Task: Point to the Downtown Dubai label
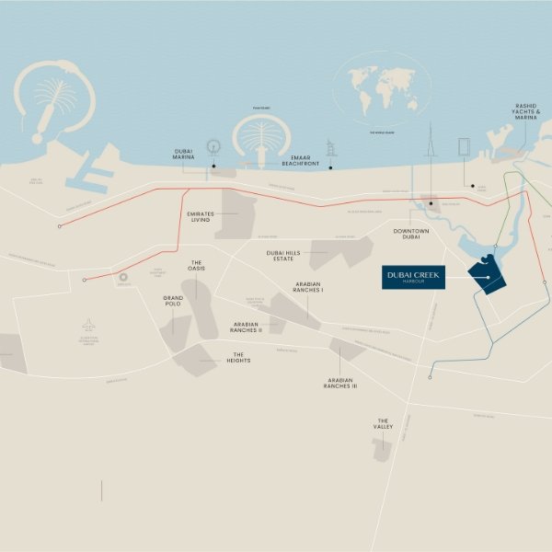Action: pyautogui.click(x=411, y=235)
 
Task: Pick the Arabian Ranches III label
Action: pyautogui.click(x=339, y=384)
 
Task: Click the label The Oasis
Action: pyautogui.click(x=196, y=267)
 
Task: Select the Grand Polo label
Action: pyautogui.click(x=173, y=302)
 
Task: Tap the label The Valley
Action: pyautogui.click(x=383, y=425)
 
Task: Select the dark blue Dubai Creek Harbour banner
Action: pyautogui.click(x=413, y=278)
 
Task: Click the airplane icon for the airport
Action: pyautogui.click(x=88, y=326)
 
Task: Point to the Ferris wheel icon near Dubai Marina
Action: pyautogui.click(x=213, y=147)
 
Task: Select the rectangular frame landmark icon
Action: pyautogui.click(x=464, y=148)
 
